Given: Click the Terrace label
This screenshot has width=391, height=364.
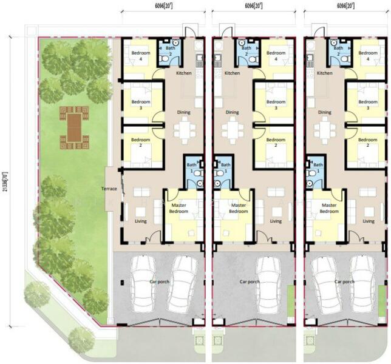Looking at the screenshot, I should pos(109,189).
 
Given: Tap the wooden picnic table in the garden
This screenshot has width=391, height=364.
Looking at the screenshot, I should pos(74,127).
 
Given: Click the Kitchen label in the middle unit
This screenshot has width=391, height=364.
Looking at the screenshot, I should pos(232,73).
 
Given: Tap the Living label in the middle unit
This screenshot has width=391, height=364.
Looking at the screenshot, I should pos(276,221).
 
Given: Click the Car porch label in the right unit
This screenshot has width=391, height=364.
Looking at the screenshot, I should pos(343,281).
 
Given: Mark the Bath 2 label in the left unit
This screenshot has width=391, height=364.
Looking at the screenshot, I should pos(170,50).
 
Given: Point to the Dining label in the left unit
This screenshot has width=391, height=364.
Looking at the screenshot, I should pos(183,112).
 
